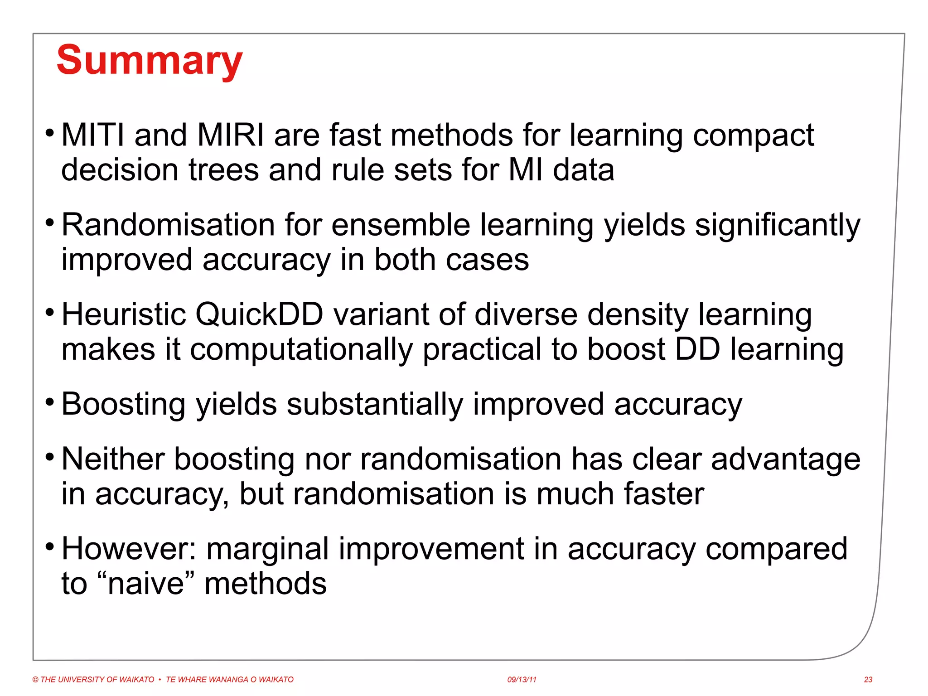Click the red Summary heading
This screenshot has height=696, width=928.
pyautogui.click(x=150, y=61)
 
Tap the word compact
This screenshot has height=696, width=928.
pyautogui.click(x=753, y=136)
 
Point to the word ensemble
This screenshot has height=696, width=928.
pyautogui.click(x=401, y=225)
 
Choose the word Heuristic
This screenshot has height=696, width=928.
pyautogui.click(x=123, y=314)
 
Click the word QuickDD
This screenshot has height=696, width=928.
pyautogui.click(x=259, y=314)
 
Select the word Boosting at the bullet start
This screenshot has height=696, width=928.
pyautogui.click(x=123, y=404)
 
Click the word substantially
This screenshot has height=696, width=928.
pyautogui.click(x=375, y=404)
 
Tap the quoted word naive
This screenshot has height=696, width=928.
pyautogui.click(x=145, y=584)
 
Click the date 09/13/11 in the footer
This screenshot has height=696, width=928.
pyautogui.click(x=522, y=679)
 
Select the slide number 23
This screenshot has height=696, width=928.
pyautogui.click(x=868, y=679)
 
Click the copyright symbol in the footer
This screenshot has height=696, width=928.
pyautogui.click(x=35, y=679)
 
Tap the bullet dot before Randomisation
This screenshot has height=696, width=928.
pyautogui.click(x=50, y=222)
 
